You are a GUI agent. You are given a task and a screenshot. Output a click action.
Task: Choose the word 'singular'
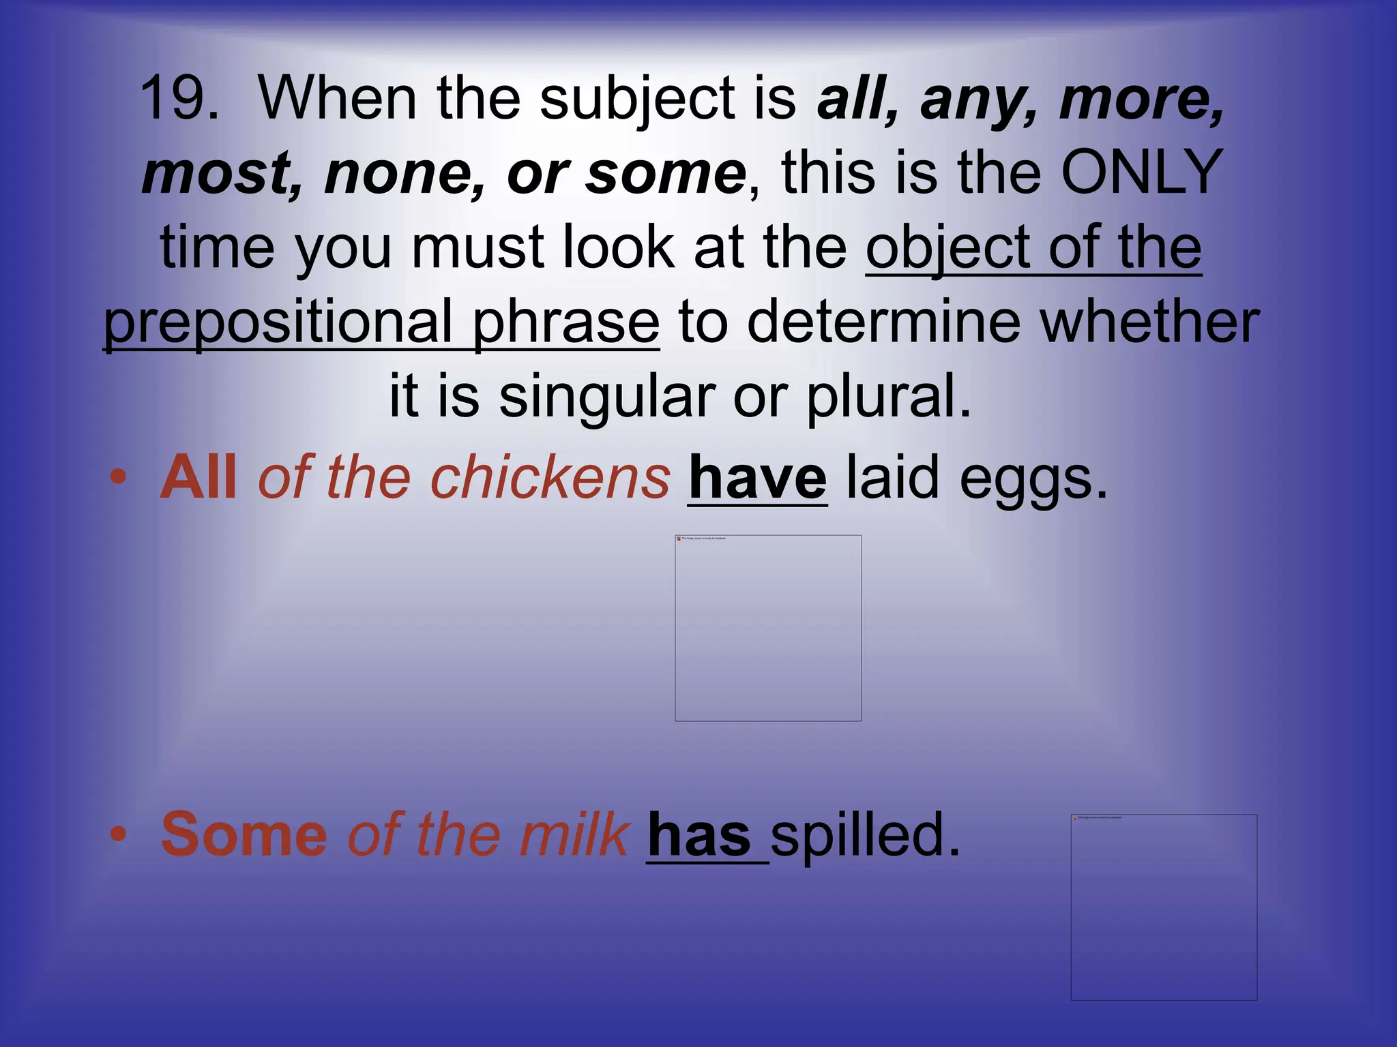point(607,397)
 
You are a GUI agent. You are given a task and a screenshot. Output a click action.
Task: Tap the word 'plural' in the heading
point(887,397)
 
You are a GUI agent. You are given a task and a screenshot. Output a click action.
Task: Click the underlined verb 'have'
point(757,479)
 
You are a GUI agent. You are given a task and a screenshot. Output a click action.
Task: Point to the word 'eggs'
point(1030,479)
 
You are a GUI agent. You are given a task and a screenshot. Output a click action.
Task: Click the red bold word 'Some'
point(244,834)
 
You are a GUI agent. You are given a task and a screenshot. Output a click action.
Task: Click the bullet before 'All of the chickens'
point(119,476)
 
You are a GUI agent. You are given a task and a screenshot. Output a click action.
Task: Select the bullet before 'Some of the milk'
point(119,834)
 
